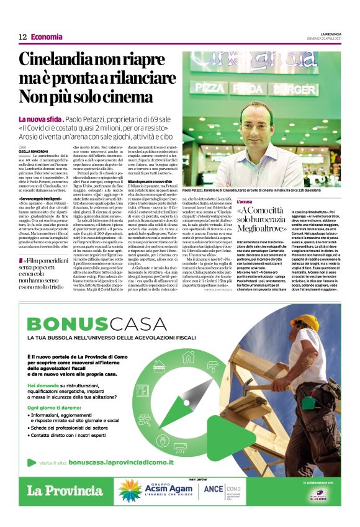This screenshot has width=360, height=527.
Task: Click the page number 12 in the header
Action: point(22,37)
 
